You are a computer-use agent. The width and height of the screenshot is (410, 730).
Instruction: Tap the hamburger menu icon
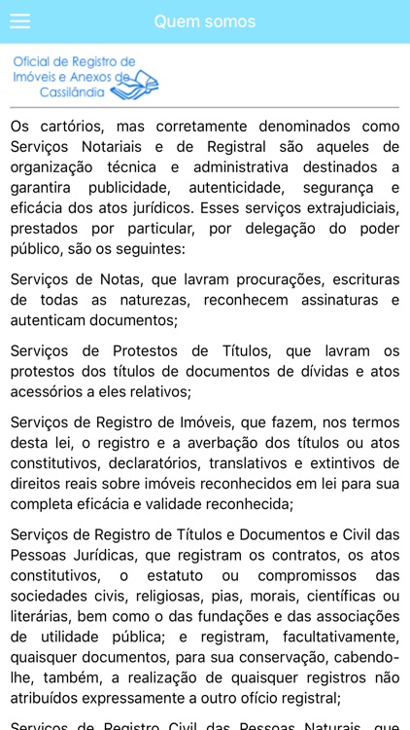coord(19,21)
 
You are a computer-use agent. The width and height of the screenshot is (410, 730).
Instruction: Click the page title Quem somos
coord(205,21)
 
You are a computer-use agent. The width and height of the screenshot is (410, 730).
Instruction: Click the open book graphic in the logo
coord(133,88)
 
